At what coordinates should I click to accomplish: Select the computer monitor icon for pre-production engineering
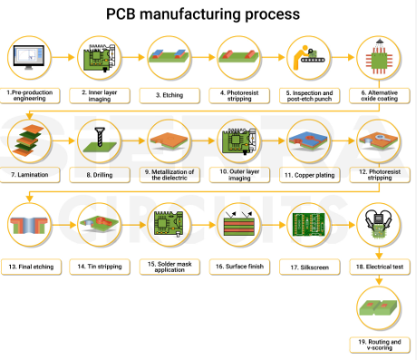29,58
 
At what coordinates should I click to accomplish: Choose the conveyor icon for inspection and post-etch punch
306,58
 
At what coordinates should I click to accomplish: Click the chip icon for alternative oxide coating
376,58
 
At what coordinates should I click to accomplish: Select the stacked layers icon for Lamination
29,139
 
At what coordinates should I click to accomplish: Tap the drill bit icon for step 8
98,139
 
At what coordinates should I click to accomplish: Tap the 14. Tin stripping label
98,267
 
